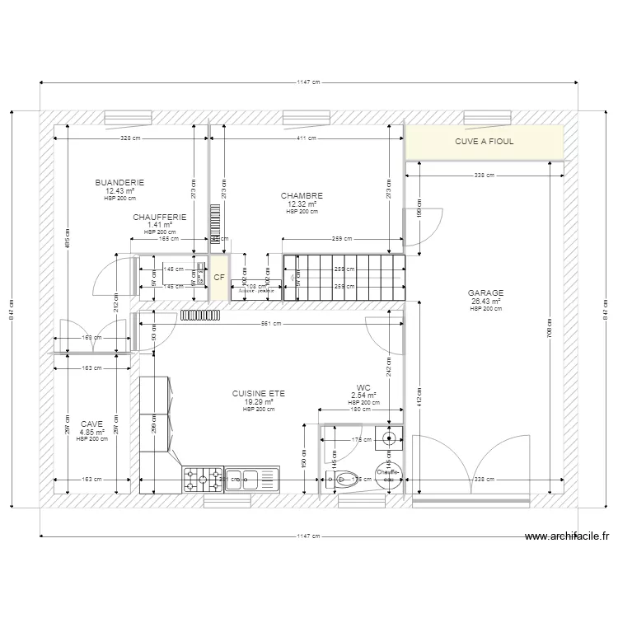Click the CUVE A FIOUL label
click(x=484, y=142)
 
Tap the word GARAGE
click(x=485, y=293)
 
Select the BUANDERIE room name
click(x=119, y=183)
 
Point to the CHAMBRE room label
click(x=302, y=196)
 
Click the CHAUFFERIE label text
click(x=159, y=218)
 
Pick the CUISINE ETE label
click(x=258, y=394)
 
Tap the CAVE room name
click(x=91, y=424)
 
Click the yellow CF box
click(x=219, y=278)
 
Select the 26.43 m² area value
click(x=485, y=301)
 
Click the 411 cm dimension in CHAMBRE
click(x=306, y=139)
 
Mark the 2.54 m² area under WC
click(x=363, y=396)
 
